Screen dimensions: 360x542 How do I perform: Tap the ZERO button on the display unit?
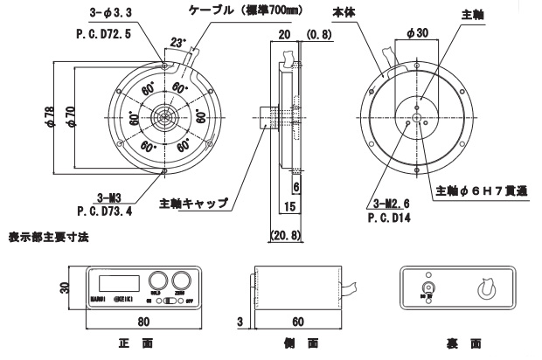182,280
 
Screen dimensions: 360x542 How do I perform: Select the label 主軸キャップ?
195,204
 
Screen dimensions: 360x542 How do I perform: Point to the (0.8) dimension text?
318,35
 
